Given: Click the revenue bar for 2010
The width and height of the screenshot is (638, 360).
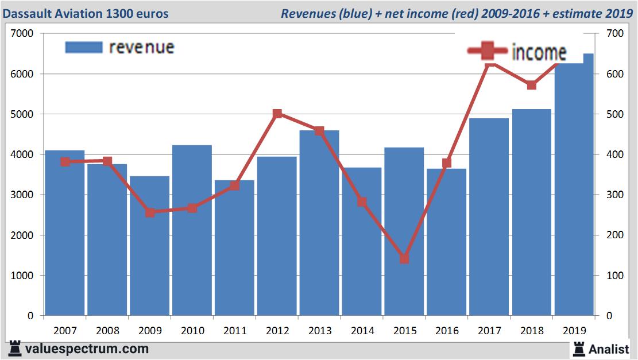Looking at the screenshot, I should click(x=192, y=230).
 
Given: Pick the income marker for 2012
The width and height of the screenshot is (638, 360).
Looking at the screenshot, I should click(x=277, y=114).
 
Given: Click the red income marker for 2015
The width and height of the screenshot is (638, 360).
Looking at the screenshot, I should click(x=404, y=259).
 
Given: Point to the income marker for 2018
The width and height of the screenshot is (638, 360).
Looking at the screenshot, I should click(x=532, y=85).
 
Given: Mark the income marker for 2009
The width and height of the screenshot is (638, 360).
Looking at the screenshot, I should click(x=150, y=212).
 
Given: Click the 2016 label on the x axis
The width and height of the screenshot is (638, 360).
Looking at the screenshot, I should click(x=447, y=331).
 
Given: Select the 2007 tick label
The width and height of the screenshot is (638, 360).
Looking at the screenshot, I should click(x=65, y=331).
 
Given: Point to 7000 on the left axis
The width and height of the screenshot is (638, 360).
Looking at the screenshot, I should click(x=23, y=34).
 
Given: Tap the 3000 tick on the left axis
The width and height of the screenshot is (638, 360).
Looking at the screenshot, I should click(x=23, y=195).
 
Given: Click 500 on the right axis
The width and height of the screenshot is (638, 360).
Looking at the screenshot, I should click(x=612, y=114).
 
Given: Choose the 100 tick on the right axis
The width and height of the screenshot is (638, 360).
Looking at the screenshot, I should click(x=612, y=276).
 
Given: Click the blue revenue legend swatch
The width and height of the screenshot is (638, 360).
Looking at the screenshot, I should click(x=84, y=47).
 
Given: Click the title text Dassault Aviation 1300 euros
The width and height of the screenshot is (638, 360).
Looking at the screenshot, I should click(x=86, y=13).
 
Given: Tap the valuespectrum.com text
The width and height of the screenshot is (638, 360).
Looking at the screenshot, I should click(x=87, y=349).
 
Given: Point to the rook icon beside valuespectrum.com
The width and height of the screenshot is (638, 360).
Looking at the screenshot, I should click(x=15, y=349).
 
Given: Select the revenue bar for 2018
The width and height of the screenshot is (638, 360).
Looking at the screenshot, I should click(x=532, y=212).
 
